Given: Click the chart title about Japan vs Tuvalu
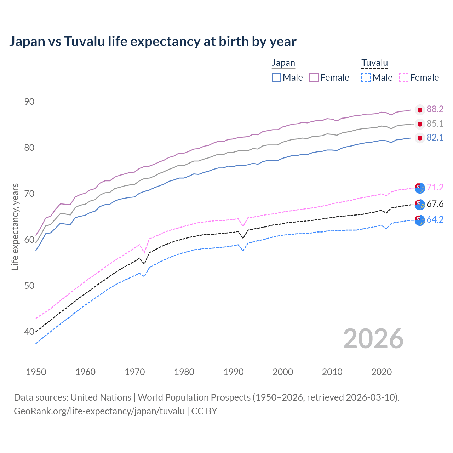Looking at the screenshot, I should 153,41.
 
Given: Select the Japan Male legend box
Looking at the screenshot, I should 276,78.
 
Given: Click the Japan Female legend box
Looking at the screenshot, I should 314,78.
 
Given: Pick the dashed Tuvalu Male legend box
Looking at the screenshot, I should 366,78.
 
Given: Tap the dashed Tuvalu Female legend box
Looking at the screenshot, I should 403,78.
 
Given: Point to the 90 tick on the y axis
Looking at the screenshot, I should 29,102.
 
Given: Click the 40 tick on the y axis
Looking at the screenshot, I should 29,332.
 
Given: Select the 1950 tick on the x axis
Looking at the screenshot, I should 36,372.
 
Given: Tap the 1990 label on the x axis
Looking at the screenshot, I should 234,372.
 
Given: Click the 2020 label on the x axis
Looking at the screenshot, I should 382,372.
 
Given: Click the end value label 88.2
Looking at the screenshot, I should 435,109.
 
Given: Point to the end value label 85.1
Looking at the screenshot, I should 435,124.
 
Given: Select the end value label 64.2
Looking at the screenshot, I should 435,220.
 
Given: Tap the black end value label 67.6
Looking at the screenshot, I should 435,204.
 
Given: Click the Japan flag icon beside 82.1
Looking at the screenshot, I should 420,138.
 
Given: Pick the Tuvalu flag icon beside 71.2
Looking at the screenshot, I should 420,188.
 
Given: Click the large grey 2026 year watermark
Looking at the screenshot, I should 373,339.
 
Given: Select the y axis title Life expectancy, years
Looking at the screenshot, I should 15,226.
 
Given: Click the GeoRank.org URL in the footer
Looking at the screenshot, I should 99,411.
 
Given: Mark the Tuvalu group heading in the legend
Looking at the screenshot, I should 374,63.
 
